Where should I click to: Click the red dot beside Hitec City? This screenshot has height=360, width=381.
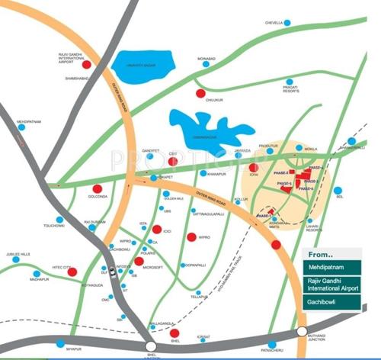click(72, 272)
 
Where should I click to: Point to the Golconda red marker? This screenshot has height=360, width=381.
click(97, 189)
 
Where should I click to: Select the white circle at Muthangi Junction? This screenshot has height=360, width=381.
click(304, 335)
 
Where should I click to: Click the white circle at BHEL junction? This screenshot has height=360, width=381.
click(151, 346)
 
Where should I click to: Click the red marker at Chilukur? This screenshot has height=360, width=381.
click(200, 94)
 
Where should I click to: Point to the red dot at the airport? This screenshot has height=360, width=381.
click(86, 65)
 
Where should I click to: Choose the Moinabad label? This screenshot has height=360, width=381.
click(207, 58)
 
